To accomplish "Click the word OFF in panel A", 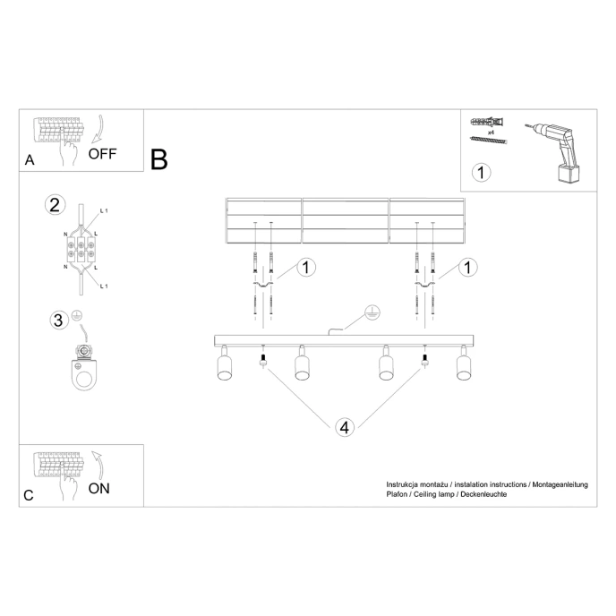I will pos(102,152).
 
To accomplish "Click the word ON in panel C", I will pos(99,488).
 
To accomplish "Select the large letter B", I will pos(159,160).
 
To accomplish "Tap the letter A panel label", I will pos(30,161).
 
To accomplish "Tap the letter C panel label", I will pos(29,495).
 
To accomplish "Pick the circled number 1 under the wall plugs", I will pos(482,172).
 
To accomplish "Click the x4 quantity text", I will pos(491,132).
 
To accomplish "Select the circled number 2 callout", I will pos(55,205).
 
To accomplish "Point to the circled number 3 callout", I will pos(56,320).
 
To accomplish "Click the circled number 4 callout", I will pos(344,426).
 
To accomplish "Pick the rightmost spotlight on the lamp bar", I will pos(463,364).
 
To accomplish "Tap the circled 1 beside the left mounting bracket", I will pos(306,267).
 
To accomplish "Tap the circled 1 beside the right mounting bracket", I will pos(467,267).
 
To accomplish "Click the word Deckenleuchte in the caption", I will pos(484,494).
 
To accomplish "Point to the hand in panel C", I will pos(65,487).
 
